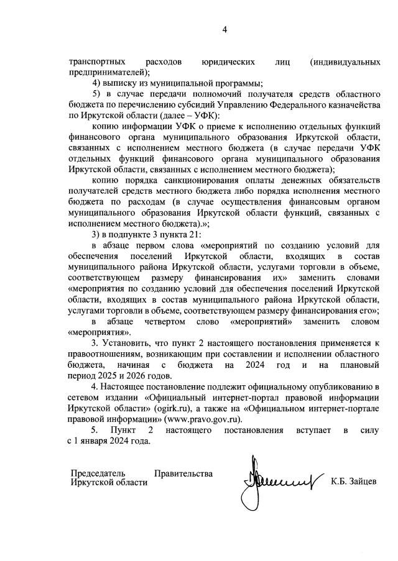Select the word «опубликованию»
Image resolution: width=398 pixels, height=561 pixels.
(336, 386)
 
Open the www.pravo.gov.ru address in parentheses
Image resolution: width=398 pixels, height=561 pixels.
(201, 418)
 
